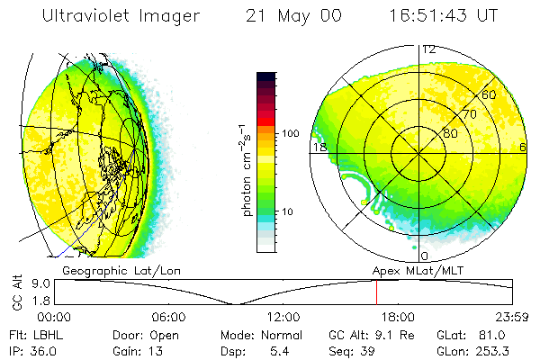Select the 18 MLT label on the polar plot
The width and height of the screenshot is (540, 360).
click(x=318, y=147)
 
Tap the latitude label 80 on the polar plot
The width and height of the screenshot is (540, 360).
click(x=449, y=133)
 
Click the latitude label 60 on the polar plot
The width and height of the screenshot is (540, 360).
click(x=489, y=94)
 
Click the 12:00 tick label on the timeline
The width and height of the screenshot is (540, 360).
click(x=283, y=317)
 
